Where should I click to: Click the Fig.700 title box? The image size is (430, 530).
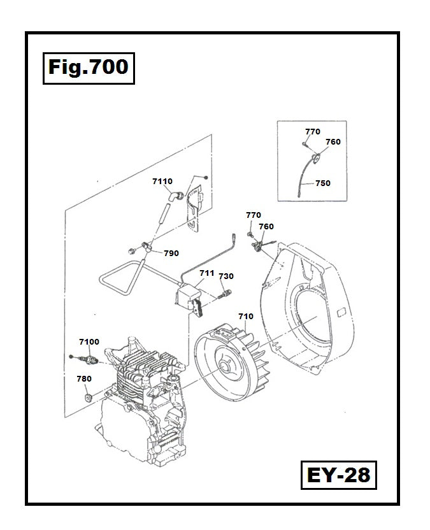coord(89,66)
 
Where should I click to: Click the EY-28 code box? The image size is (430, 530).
coord(338,475)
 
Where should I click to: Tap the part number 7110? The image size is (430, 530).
coord(162,182)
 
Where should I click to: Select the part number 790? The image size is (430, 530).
coord(171,253)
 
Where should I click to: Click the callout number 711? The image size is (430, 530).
coord(206,273)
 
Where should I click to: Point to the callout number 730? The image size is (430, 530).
coord(226,276)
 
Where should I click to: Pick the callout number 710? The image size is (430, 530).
coord(245,316)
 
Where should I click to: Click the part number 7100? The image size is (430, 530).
coord(89,342)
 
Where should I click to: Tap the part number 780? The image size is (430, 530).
coord(83,378)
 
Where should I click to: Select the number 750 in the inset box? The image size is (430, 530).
coord(323,183)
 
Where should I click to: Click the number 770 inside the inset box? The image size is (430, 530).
coord(312,132)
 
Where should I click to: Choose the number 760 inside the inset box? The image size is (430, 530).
coord(333,142)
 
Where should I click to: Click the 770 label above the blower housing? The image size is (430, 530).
coord(254,215)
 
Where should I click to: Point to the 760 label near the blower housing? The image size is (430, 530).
coord(266,227)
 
